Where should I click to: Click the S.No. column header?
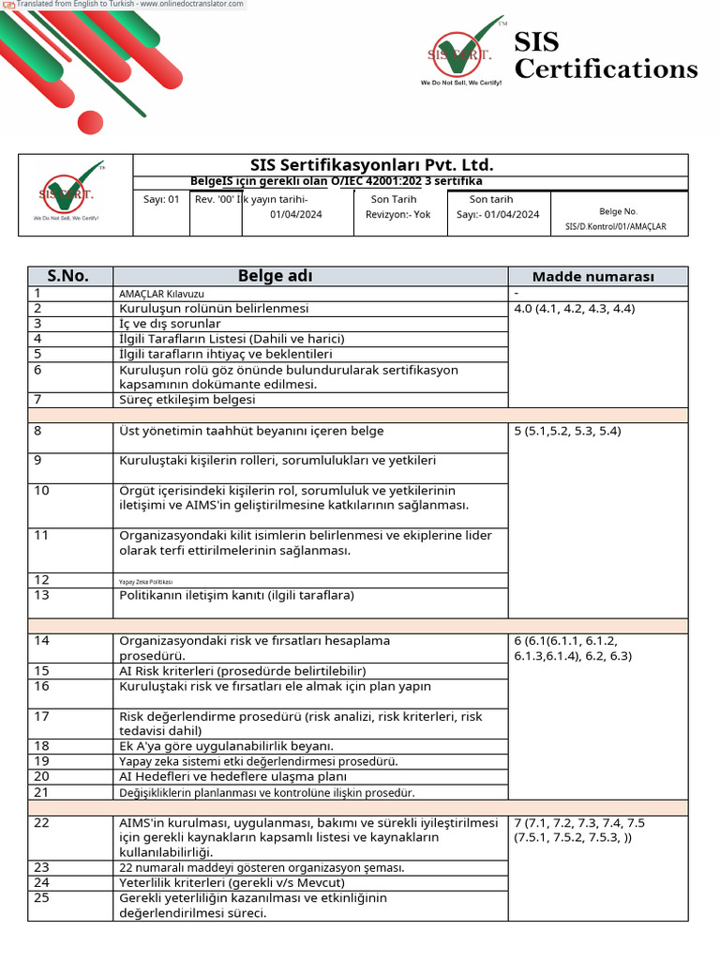click(69, 276)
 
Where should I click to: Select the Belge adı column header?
click(275, 276)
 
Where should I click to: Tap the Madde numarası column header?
click(593, 277)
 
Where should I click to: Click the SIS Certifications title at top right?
click(605, 55)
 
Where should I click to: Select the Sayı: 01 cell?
click(161, 199)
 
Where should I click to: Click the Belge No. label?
click(618, 212)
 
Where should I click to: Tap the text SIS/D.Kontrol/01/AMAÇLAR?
click(616, 226)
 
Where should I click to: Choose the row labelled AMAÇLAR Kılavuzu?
click(160, 294)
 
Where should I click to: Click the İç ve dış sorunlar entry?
click(170, 324)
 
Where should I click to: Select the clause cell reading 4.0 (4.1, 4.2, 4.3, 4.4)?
click(574, 309)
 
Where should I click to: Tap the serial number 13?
click(41, 595)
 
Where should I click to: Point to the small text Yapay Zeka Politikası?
click(146, 582)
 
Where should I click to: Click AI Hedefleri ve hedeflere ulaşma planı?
click(232, 777)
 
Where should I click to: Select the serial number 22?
click(41, 823)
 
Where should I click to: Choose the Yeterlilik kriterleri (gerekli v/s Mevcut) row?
click(232, 883)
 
